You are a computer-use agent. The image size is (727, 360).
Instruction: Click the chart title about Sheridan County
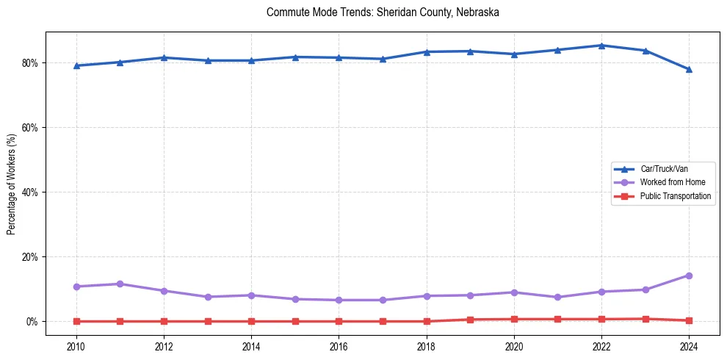(x=383, y=12)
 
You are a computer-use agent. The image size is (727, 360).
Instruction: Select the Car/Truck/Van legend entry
(x=664, y=169)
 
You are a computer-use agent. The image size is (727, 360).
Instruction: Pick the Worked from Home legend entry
(x=668, y=182)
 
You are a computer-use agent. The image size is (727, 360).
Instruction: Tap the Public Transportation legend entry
(x=675, y=196)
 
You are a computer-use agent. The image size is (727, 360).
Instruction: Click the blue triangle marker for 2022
(x=601, y=46)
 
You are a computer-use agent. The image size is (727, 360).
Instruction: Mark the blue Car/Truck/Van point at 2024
(x=689, y=69)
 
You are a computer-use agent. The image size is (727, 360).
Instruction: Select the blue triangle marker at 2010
(x=76, y=65)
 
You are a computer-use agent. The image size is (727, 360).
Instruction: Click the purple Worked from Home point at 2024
(x=689, y=276)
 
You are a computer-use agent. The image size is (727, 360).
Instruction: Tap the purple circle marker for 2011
(x=120, y=284)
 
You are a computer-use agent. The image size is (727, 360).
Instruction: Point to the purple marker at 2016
(x=339, y=300)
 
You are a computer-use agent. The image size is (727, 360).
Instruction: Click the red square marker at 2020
(x=514, y=319)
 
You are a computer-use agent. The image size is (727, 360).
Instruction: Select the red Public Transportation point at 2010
(x=76, y=321)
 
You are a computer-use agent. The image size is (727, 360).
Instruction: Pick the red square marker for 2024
(x=689, y=320)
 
